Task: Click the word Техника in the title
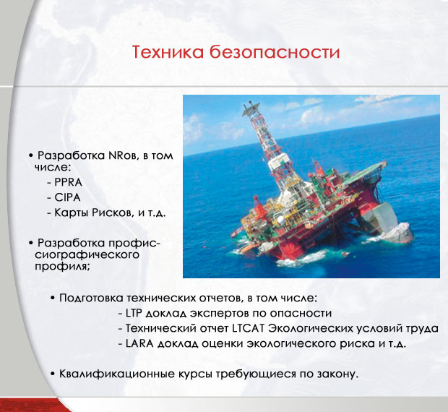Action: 168,52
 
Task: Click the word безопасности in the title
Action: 275,52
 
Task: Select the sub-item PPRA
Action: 69,182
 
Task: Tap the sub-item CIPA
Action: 67,197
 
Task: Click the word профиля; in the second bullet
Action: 63,266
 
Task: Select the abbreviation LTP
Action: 134,313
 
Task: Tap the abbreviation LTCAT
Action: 249,328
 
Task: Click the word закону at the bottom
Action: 341,374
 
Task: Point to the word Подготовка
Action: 91,299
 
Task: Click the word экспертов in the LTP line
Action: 220,314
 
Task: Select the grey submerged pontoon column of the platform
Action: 383,218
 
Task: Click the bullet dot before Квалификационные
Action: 52,374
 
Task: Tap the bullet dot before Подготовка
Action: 52,298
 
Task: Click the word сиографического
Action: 87,255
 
